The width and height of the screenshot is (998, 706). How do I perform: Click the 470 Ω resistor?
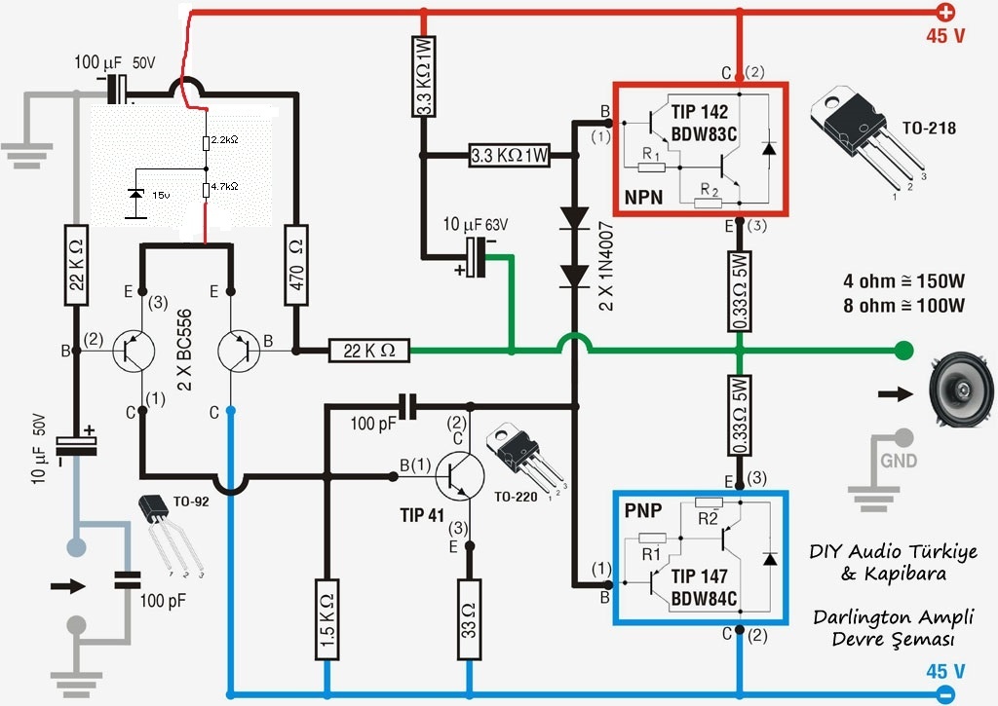point(296,265)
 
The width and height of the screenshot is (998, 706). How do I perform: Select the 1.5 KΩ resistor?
point(327,619)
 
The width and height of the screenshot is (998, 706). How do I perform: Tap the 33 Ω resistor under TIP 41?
point(469,619)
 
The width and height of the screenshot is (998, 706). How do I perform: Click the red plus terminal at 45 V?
point(945,12)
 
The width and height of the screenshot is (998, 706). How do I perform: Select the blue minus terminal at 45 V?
point(945,694)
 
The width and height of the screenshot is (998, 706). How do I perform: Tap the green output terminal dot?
point(903,350)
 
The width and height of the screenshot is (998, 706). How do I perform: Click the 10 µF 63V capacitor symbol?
point(476,258)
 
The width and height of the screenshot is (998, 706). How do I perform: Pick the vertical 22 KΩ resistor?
point(77,265)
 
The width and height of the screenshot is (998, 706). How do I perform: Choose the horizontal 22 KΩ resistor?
point(369,351)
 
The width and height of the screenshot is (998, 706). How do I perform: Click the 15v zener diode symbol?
point(135,194)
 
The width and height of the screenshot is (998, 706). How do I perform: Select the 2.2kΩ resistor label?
point(225,139)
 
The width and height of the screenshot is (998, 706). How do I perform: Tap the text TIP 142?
point(699,112)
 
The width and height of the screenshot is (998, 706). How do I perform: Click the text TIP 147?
point(699,576)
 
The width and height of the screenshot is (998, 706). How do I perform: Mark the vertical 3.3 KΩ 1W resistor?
point(424,76)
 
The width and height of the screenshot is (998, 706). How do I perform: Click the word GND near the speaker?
point(898,461)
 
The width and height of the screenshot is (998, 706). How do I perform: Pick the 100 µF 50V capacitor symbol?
point(117,89)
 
